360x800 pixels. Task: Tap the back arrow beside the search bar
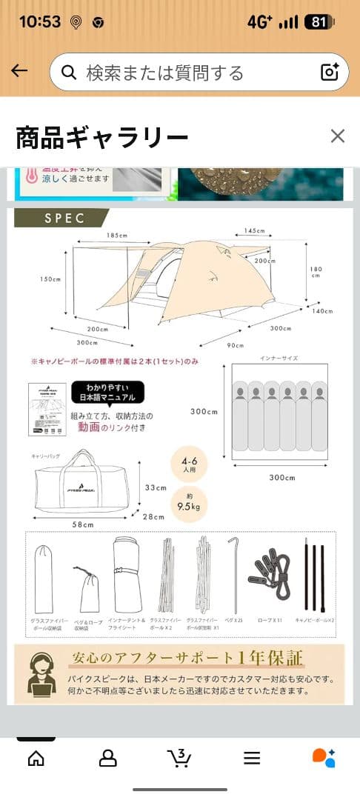pos(19,71)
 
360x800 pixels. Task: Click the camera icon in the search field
pos(329,72)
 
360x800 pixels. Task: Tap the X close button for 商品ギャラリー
pos(338,136)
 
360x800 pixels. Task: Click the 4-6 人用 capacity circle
pos(188,464)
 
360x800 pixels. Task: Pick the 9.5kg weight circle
pos(188,504)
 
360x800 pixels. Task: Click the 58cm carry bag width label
pos(83,524)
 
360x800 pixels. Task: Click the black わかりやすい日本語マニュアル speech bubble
pos(107,392)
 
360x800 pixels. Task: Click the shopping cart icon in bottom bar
pos(179,758)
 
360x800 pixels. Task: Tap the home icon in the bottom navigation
pos(36,758)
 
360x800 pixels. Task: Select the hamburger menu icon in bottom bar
pos(252,758)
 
